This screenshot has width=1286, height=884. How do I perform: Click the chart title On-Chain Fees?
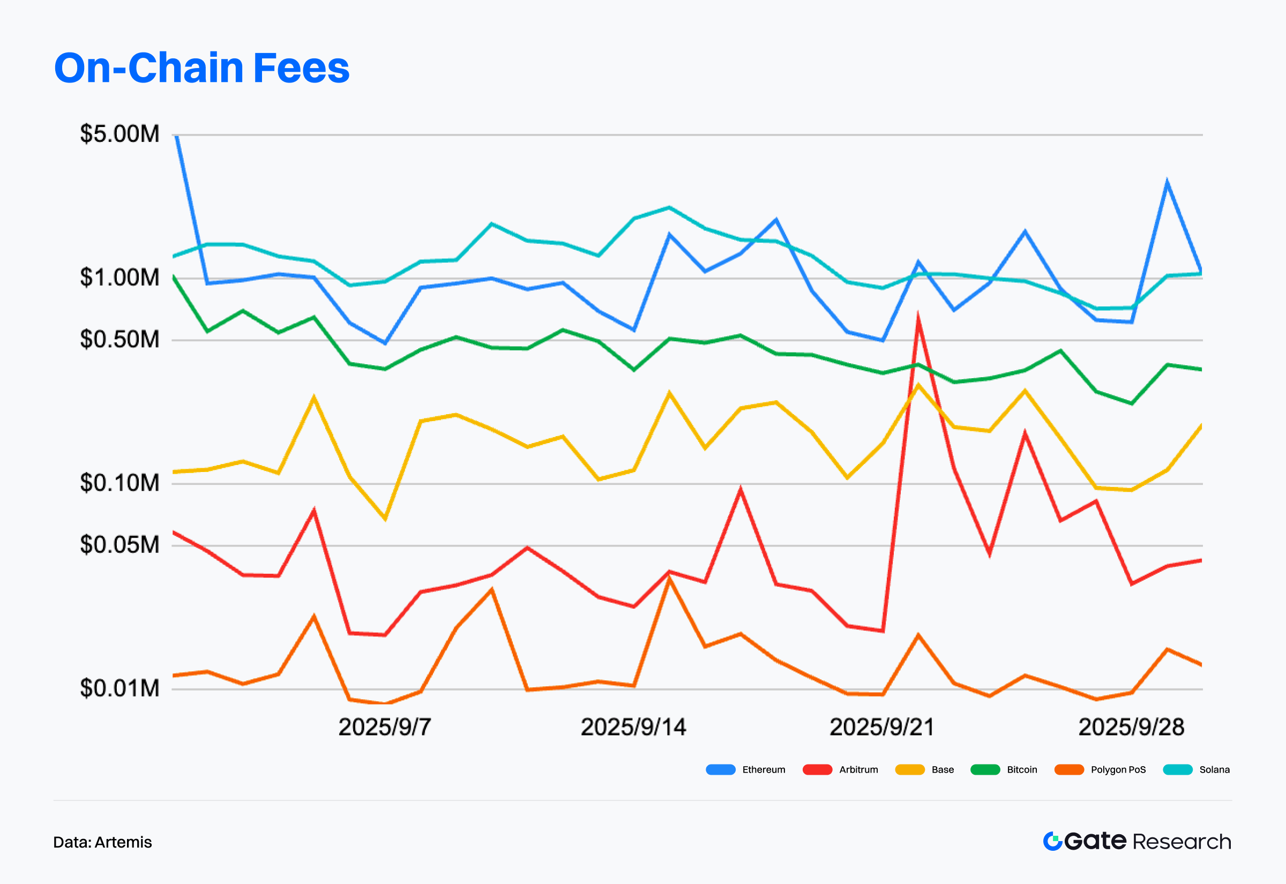(x=201, y=68)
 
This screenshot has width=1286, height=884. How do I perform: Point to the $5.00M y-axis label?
(x=119, y=134)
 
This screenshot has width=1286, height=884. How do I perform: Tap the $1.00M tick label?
(x=119, y=278)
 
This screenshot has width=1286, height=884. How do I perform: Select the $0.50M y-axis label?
(x=119, y=339)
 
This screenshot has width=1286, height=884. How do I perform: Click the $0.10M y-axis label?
(x=119, y=483)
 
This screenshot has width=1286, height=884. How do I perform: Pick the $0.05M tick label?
(x=119, y=545)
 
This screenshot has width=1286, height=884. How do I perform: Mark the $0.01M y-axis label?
(x=119, y=688)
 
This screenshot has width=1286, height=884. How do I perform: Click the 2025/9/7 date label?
(x=384, y=727)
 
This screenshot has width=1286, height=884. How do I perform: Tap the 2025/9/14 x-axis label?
(x=633, y=727)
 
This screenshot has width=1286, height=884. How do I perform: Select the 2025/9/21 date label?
(x=881, y=727)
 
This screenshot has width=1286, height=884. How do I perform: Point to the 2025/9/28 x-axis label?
(x=1131, y=727)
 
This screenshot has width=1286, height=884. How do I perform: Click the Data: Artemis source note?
(x=102, y=842)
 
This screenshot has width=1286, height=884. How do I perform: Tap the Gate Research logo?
(x=1137, y=841)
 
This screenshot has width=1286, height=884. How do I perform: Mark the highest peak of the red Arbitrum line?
(x=918, y=318)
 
